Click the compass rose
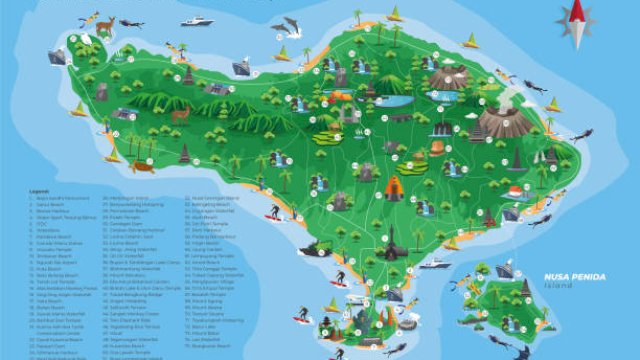pos(578,23)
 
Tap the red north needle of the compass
pos(578,12)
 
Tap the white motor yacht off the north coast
pos(197,19)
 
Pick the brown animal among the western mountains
pos(181,114)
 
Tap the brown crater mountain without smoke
pos(449,77)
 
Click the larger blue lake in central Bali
pos(397,100)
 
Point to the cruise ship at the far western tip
pos(57,57)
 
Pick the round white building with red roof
pos(515,192)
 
